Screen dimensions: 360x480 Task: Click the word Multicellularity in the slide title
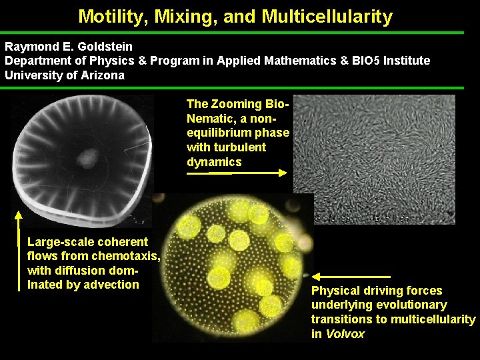coord(327,16)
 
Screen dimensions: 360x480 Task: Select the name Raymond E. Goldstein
coord(69,47)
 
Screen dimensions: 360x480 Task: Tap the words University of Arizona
coord(65,75)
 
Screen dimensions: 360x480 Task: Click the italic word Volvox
coord(345,334)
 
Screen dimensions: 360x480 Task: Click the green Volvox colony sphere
coord(233,267)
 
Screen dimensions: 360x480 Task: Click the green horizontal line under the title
coord(240,32)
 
